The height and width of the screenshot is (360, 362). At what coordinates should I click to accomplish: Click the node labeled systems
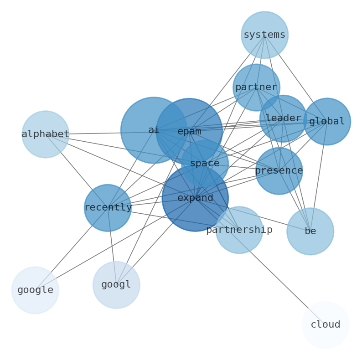click(x=264, y=35)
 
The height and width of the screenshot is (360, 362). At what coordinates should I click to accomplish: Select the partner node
click(x=256, y=87)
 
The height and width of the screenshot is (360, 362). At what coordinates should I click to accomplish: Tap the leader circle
click(x=283, y=118)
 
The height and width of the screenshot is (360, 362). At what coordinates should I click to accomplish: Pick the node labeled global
click(x=327, y=122)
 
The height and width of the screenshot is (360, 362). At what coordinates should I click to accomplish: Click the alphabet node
click(x=46, y=134)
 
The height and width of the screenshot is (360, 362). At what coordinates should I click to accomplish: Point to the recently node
click(x=108, y=208)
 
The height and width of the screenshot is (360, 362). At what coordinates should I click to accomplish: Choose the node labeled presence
click(x=279, y=171)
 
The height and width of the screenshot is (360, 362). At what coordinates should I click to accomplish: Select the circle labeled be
click(x=310, y=231)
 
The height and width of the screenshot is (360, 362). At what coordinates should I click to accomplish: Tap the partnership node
click(x=239, y=230)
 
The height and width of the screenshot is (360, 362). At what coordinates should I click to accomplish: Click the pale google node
click(x=35, y=290)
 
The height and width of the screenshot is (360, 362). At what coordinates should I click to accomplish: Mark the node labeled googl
click(x=116, y=285)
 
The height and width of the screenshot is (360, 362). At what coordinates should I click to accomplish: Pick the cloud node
click(x=326, y=325)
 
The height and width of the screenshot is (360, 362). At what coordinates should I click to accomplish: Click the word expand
click(x=195, y=198)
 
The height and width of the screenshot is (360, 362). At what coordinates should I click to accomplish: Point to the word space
click(x=205, y=163)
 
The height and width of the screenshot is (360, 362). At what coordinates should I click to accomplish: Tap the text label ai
click(x=154, y=130)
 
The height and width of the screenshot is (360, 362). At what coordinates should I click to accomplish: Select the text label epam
click(x=189, y=132)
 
